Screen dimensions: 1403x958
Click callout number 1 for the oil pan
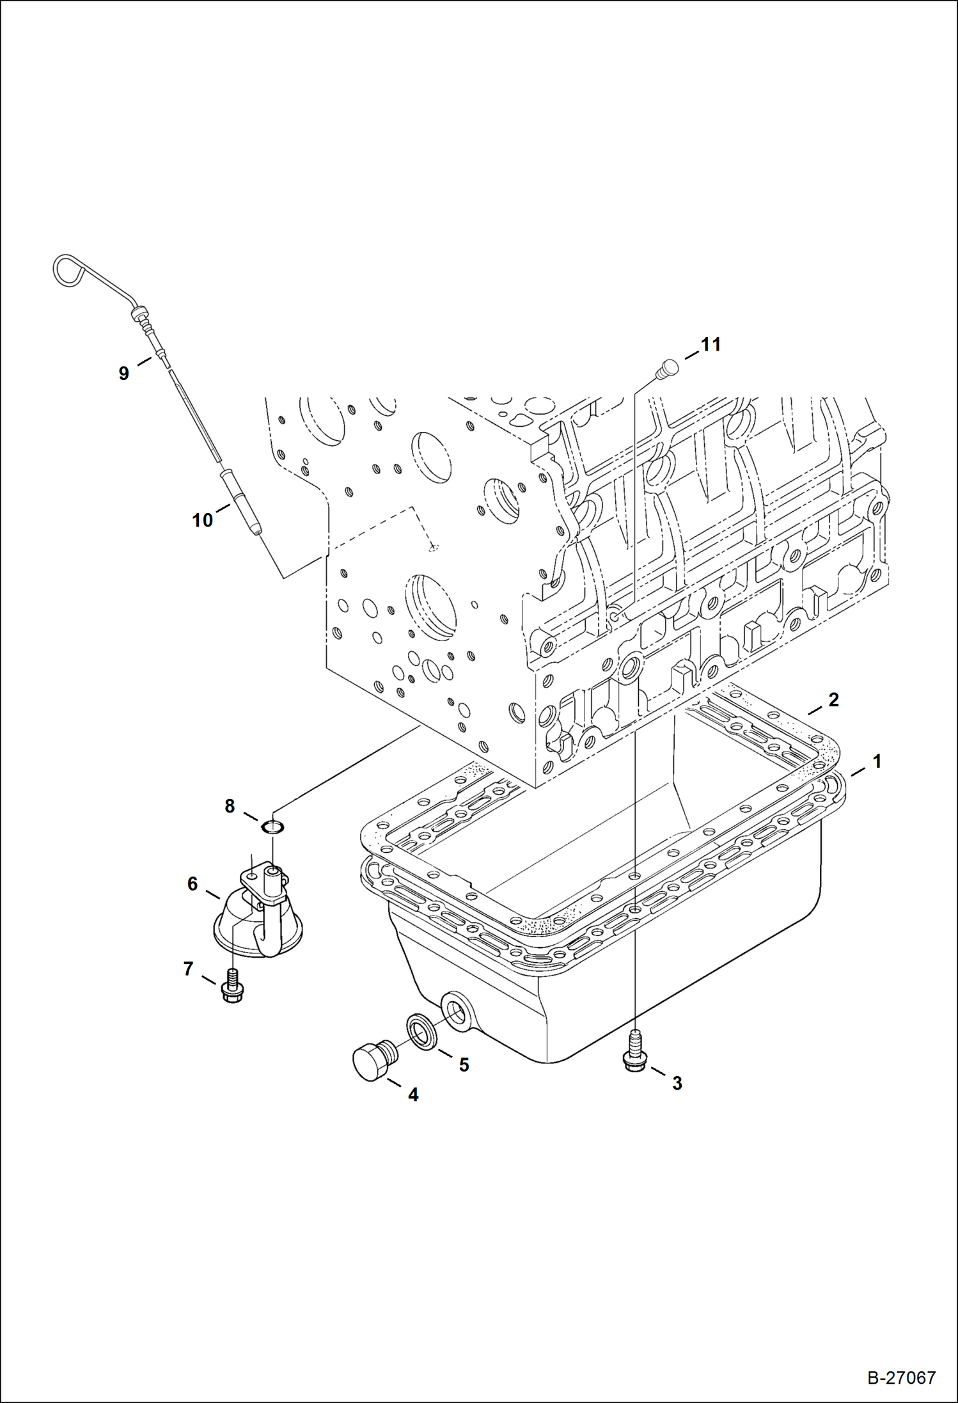[877, 761]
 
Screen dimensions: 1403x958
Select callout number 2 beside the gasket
[833, 700]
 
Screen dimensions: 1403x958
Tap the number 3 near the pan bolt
[677, 1083]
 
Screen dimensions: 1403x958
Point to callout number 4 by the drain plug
[413, 1095]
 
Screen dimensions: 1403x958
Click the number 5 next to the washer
[464, 1065]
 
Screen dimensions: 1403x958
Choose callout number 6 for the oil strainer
[192, 884]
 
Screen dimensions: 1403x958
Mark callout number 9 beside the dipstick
[123, 373]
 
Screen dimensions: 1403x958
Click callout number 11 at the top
[711, 344]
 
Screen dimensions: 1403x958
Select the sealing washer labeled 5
[420, 1031]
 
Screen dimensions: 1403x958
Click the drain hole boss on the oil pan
[457, 1011]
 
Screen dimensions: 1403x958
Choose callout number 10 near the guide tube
[202, 520]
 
